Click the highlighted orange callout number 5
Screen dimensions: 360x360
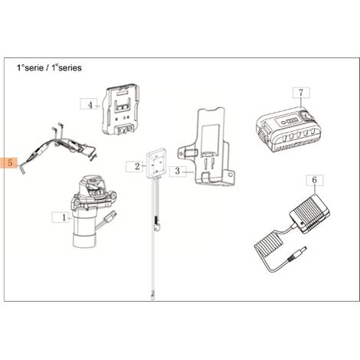coord(9,162)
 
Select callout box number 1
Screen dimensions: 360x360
coord(61,218)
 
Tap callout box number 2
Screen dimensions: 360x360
coord(135,166)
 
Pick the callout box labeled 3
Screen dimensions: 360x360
coord(178,171)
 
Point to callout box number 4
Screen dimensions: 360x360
coord(89,104)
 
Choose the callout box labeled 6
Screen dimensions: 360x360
coord(315,180)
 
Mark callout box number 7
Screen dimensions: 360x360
coord(301,92)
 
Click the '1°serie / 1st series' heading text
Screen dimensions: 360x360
coord(49,67)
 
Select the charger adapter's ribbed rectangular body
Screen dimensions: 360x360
coord(310,214)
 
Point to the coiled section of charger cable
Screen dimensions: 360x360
coord(267,244)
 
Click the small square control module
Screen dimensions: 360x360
coord(156,163)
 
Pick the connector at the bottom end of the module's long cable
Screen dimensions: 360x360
coord(152,296)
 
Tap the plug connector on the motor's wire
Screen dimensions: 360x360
coord(112,216)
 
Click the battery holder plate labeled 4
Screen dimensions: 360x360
coord(121,110)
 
